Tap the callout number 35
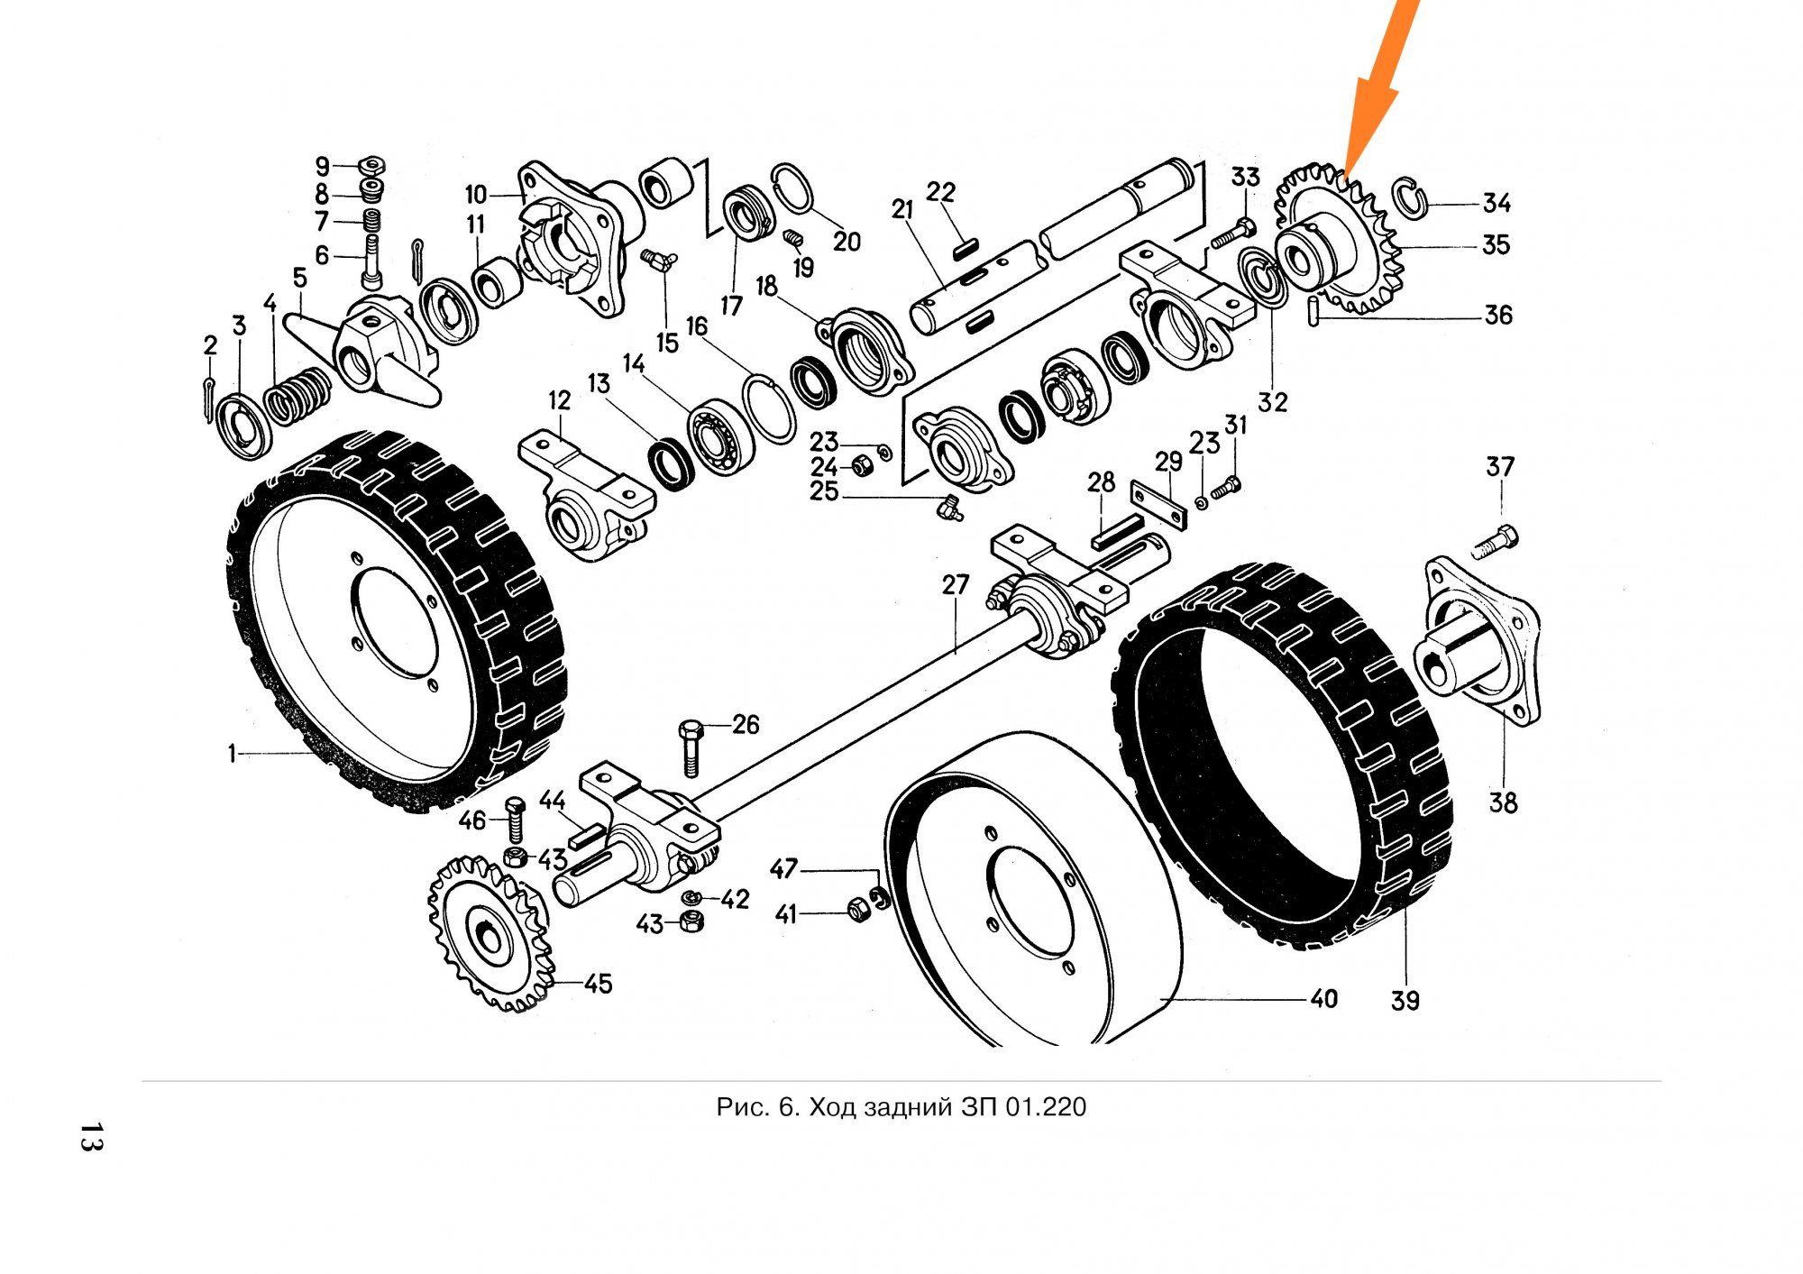[x=1496, y=244]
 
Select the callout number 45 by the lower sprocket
[x=598, y=984]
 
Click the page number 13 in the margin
[x=91, y=1137]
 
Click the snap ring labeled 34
[x=1410, y=198]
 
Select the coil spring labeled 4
[x=297, y=394]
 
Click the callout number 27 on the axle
[x=956, y=585]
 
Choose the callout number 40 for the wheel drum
[x=1323, y=999]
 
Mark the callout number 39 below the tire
[x=1405, y=1000]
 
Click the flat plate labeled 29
[x=1158, y=507]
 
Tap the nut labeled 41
[x=857, y=911]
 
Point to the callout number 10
[x=476, y=195]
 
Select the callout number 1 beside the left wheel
[x=232, y=753]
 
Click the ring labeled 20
[x=794, y=188]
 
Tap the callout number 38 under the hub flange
[x=1503, y=802]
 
